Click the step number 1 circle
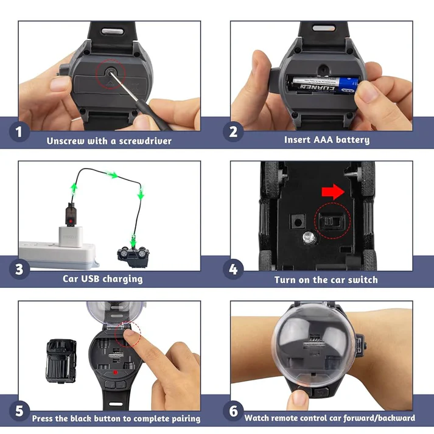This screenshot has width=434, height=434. [19, 131]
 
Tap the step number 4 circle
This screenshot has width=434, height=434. [233, 269]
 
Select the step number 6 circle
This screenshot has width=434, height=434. [233, 411]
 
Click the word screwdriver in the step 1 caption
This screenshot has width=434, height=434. [145, 141]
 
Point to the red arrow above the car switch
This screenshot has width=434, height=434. [333, 192]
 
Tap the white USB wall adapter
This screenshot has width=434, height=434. [71, 236]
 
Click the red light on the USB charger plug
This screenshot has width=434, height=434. [71, 222]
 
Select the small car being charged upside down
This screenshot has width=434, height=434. [133, 257]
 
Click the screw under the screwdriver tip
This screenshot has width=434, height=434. [111, 72]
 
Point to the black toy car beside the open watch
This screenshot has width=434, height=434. [61, 361]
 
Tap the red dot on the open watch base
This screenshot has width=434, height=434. [116, 373]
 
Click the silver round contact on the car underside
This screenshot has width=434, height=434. [309, 237]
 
